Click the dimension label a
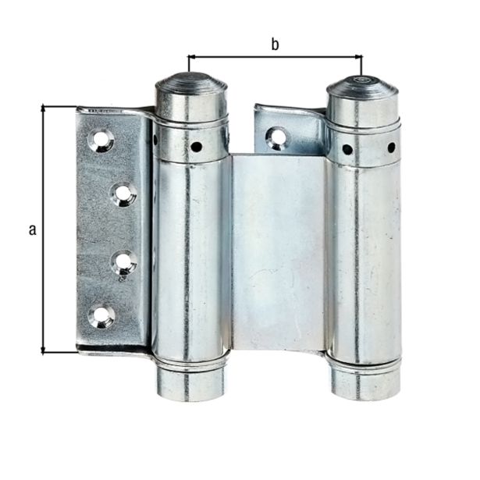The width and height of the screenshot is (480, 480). click(x=32, y=229)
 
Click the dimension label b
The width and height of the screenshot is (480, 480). click(x=275, y=44)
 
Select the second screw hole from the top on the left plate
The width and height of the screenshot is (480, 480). click(x=123, y=194)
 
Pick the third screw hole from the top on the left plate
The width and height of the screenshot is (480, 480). click(x=123, y=262)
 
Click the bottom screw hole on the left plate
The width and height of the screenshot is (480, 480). click(x=101, y=315)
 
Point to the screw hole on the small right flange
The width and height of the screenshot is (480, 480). click(x=276, y=138)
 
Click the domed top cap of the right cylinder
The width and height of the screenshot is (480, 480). click(x=361, y=86)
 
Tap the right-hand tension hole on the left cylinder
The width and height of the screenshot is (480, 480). click(x=197, y=146)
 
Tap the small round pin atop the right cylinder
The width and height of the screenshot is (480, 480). click(x=361, y=78)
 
